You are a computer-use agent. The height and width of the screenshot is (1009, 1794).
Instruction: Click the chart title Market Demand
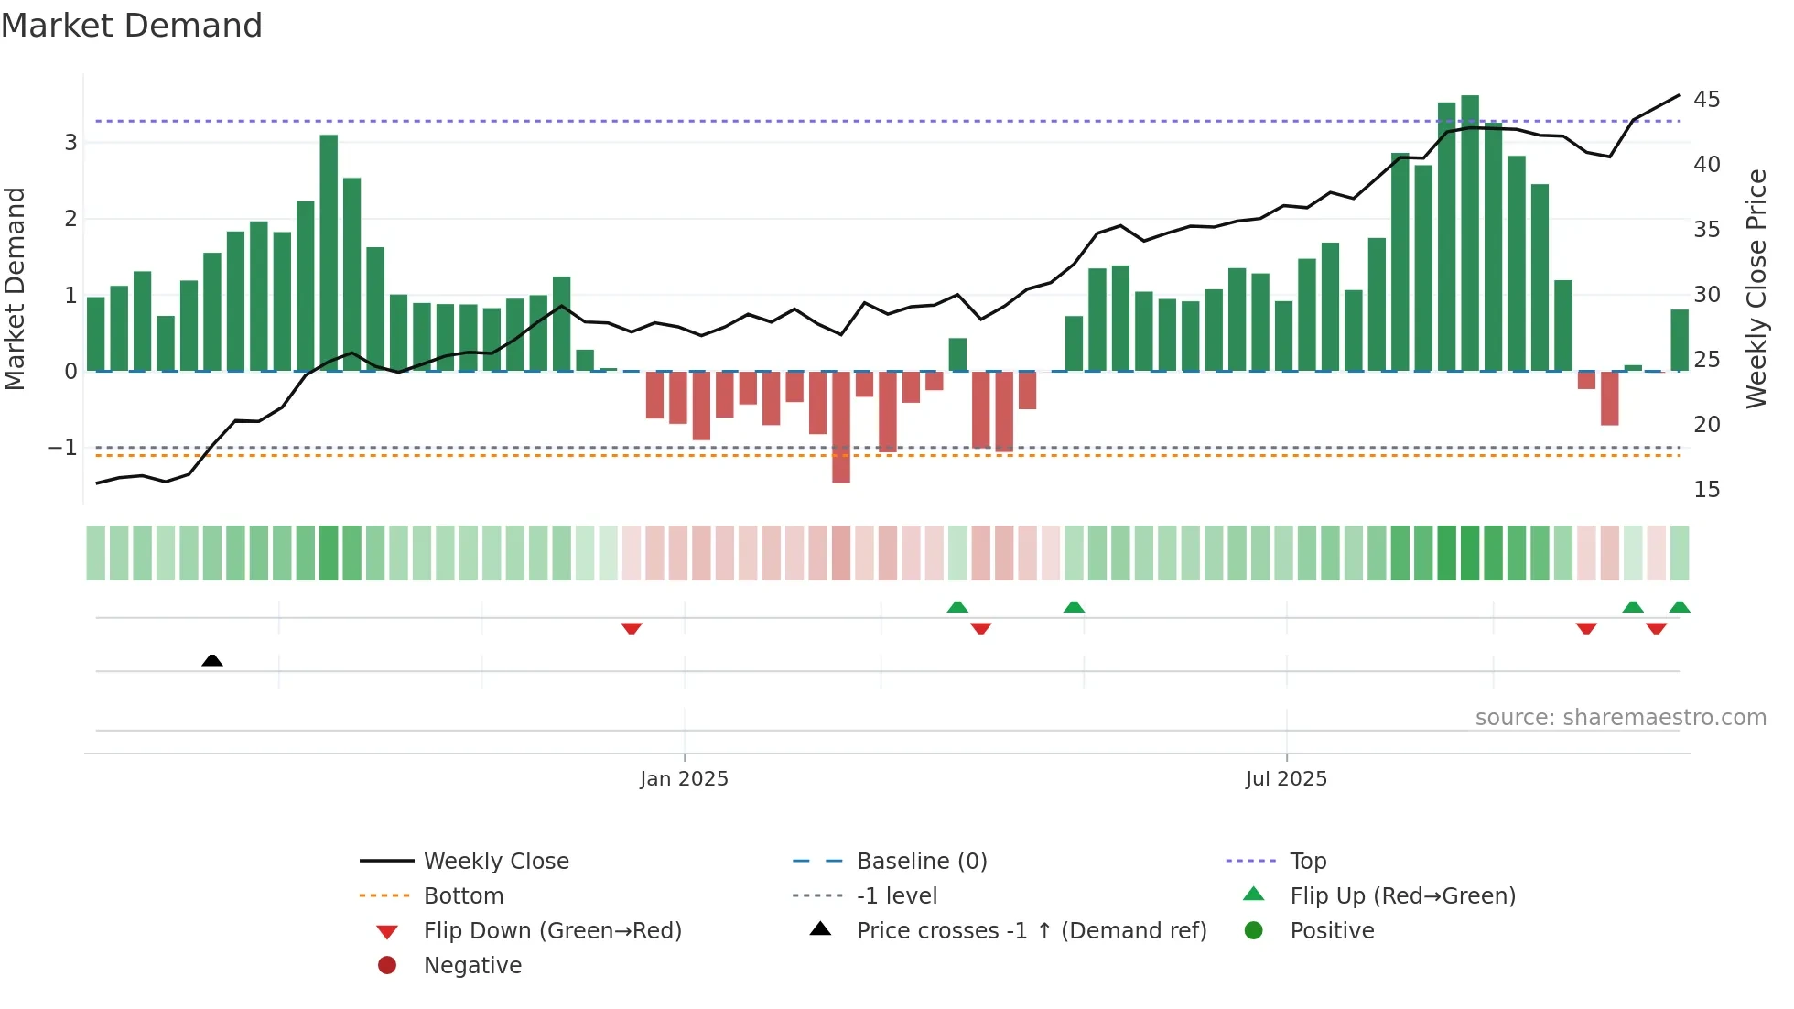[x=132, y=26]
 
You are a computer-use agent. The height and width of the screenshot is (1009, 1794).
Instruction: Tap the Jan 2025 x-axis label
[x=684, y=779]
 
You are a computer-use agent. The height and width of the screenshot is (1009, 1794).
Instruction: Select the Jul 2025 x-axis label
[x=1285, y=779]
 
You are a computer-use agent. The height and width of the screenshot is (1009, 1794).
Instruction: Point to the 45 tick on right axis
[x=1706, y=99]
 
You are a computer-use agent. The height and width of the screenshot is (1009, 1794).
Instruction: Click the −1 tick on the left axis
[x=62, y=448]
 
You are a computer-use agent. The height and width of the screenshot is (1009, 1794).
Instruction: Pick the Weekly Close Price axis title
[x=1756, y=288]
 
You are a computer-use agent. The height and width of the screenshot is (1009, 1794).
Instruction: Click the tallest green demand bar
[x=1470, y=233]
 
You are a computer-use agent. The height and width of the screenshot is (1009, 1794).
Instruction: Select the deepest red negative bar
[x=840, y=427]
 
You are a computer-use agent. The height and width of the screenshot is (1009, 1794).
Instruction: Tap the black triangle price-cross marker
[x=211, y=660]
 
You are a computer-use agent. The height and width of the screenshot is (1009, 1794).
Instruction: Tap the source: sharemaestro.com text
[x=1620, y=718]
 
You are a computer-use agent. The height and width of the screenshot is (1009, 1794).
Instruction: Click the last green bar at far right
[x=1679, y=341]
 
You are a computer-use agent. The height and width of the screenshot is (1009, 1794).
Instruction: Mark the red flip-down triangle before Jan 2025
[x=631, y=628]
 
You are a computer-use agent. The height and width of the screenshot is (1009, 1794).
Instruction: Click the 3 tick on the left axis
[x=70, y=143]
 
